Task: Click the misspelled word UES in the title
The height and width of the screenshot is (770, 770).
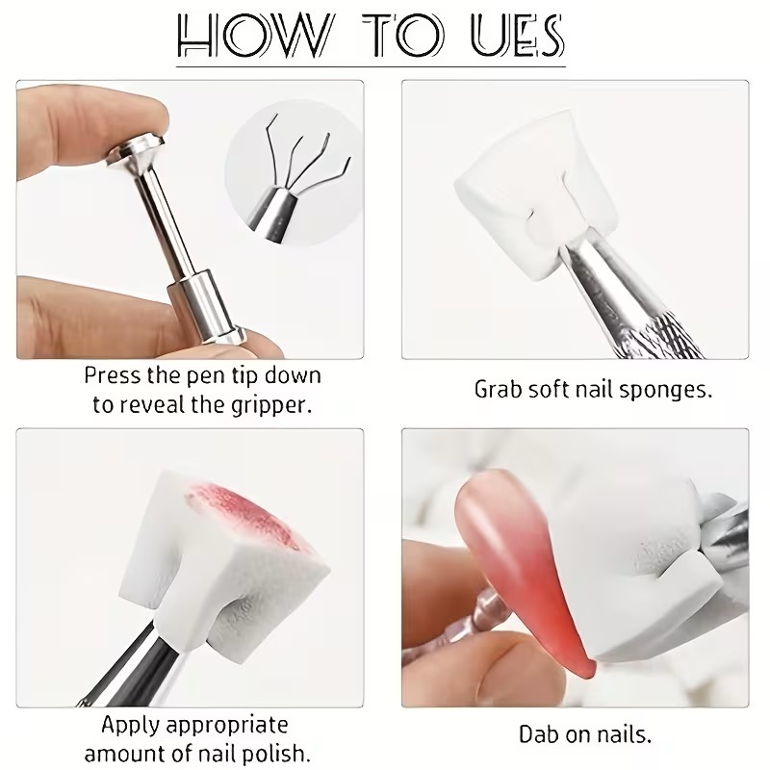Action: coord(518,35)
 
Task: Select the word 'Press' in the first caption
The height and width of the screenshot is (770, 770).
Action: coord(113,375)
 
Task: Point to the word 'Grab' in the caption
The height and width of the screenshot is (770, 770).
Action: coord(498,390)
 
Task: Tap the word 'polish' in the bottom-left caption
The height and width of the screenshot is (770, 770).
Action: coord(280,754)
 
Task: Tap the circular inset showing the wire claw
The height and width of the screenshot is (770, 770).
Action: coord(294,172)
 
